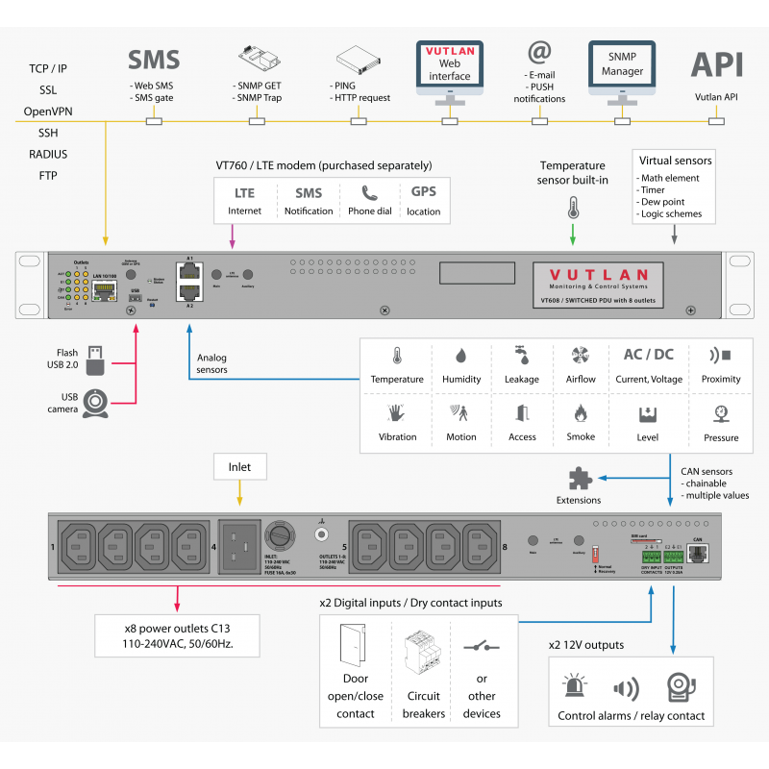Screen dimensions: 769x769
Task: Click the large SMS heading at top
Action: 154,61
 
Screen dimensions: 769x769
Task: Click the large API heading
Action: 717,63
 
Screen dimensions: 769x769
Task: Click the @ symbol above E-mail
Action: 539,51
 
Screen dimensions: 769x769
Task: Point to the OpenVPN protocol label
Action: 48,112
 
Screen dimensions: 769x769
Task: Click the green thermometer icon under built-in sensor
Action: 574,208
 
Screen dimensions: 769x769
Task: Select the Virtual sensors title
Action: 674,161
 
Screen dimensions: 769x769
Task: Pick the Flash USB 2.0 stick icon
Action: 94,360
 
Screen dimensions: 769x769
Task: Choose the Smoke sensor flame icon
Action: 580,413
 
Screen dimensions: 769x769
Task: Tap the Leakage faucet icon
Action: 521,355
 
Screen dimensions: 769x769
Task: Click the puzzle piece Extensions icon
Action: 579,479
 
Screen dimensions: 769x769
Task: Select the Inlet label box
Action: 238,468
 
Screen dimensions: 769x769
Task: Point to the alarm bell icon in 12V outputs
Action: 681,686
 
